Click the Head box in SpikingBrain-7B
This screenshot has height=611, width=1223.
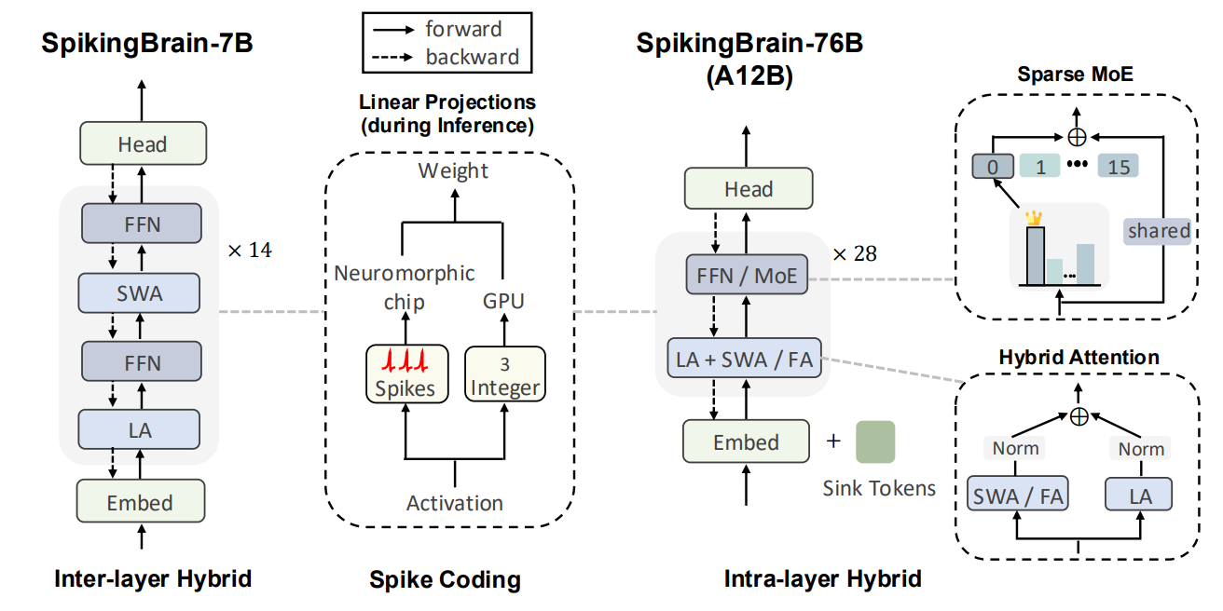point(142,144)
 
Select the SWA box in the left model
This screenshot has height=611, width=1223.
point(140,292)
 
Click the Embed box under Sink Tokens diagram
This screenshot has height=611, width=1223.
point(746,441)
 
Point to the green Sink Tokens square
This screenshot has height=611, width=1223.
point(874,441)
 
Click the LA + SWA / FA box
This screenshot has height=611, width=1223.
point(746,359)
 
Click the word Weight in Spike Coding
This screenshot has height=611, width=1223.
point(453,170)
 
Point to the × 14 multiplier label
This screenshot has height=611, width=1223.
point(249,250)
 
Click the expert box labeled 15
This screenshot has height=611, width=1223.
point(1119,167)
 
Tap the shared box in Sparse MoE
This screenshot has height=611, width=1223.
point(1159,231)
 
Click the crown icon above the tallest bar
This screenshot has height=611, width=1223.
point(1033,217)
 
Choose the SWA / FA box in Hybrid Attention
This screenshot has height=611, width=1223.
point(1017,496)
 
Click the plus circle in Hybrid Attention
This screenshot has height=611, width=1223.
point(1079,415)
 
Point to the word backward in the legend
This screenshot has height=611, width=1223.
point(473,57)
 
